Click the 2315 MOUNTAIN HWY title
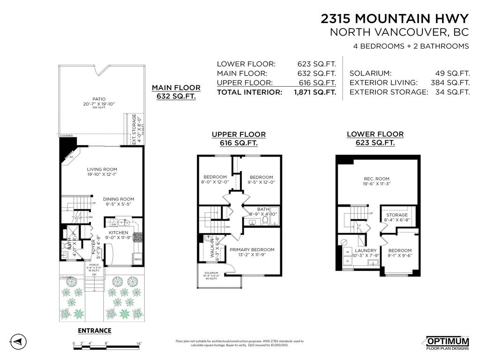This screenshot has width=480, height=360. point(394,18)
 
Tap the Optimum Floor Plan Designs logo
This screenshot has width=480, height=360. point(447,343)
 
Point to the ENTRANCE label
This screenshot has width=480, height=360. point(94,330)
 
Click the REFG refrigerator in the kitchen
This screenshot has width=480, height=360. point(138,259)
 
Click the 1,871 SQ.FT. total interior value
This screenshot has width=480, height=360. point(315,92)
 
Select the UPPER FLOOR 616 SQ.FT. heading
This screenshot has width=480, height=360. point(239,139)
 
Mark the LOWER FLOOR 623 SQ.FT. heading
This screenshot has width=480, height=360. point(375,138)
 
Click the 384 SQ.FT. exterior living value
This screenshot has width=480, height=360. point(450,83)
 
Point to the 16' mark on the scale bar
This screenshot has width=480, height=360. point(139,344)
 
